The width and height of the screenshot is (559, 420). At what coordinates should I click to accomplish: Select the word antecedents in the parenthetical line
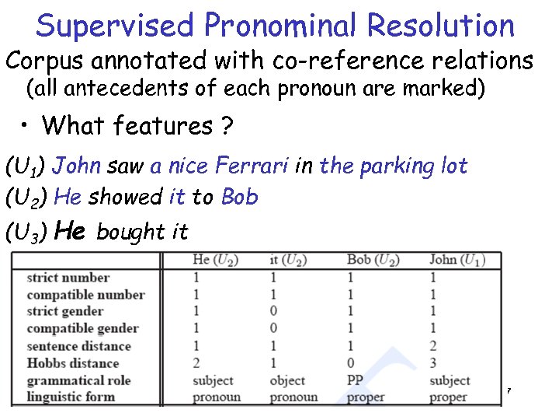click(x=140, y=89)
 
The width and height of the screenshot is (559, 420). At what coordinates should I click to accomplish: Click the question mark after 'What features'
click(x=227, y=124)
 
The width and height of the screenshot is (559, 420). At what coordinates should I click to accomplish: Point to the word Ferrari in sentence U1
click(x=253, y=165)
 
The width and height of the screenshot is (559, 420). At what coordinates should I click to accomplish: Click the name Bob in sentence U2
click(x=239, y=197)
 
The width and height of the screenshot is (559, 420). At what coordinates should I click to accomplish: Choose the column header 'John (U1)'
click(x=454, y=259)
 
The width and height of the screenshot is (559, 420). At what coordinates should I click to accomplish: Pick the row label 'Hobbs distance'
click(x=73, y=363)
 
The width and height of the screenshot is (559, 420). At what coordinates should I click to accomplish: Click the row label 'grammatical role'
click(x=78, y=380)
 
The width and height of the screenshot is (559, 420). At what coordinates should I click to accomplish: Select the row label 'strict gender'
click(x=65, y=312)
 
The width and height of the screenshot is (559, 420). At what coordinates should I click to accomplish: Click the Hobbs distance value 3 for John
click(x=432, y=363)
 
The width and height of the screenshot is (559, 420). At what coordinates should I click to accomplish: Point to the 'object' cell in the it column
click(x=287, y=380)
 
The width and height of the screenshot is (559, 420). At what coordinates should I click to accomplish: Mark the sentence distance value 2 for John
click(x=432, y=346)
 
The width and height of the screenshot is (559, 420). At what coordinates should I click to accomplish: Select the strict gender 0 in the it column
click(x=273, y=312)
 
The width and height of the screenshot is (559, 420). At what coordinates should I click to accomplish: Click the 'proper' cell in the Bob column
click(x=366, y=397)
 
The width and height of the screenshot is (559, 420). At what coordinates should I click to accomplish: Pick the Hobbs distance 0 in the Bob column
click(x=351, y=363)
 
